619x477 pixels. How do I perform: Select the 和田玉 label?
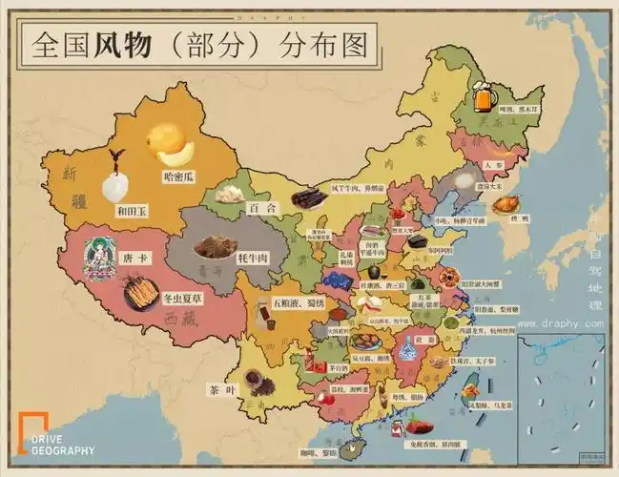tap(132, 211)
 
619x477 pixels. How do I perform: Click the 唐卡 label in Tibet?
tap(134, 259)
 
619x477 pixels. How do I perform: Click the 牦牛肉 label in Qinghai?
tap(254, 259)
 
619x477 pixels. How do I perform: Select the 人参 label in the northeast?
tap(493, 164)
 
